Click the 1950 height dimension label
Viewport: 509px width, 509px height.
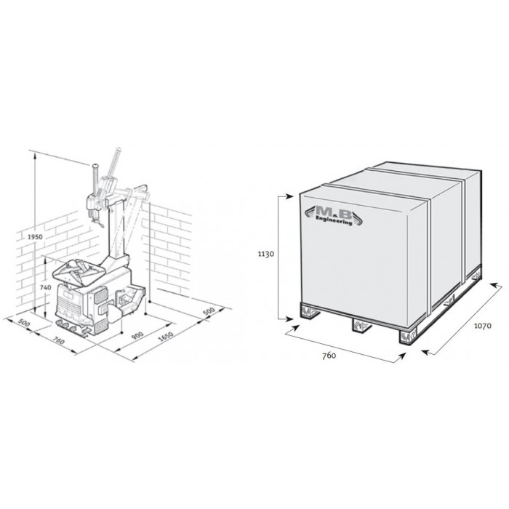coord(35,236)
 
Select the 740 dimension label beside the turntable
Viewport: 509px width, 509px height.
coord(46,287)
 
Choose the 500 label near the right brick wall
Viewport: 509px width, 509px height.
coord(209,311)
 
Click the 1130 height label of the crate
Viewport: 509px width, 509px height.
coord(266,254)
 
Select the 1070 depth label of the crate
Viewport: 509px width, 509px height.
coord(483,326)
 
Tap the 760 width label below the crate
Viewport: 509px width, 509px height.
coord(329,356)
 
